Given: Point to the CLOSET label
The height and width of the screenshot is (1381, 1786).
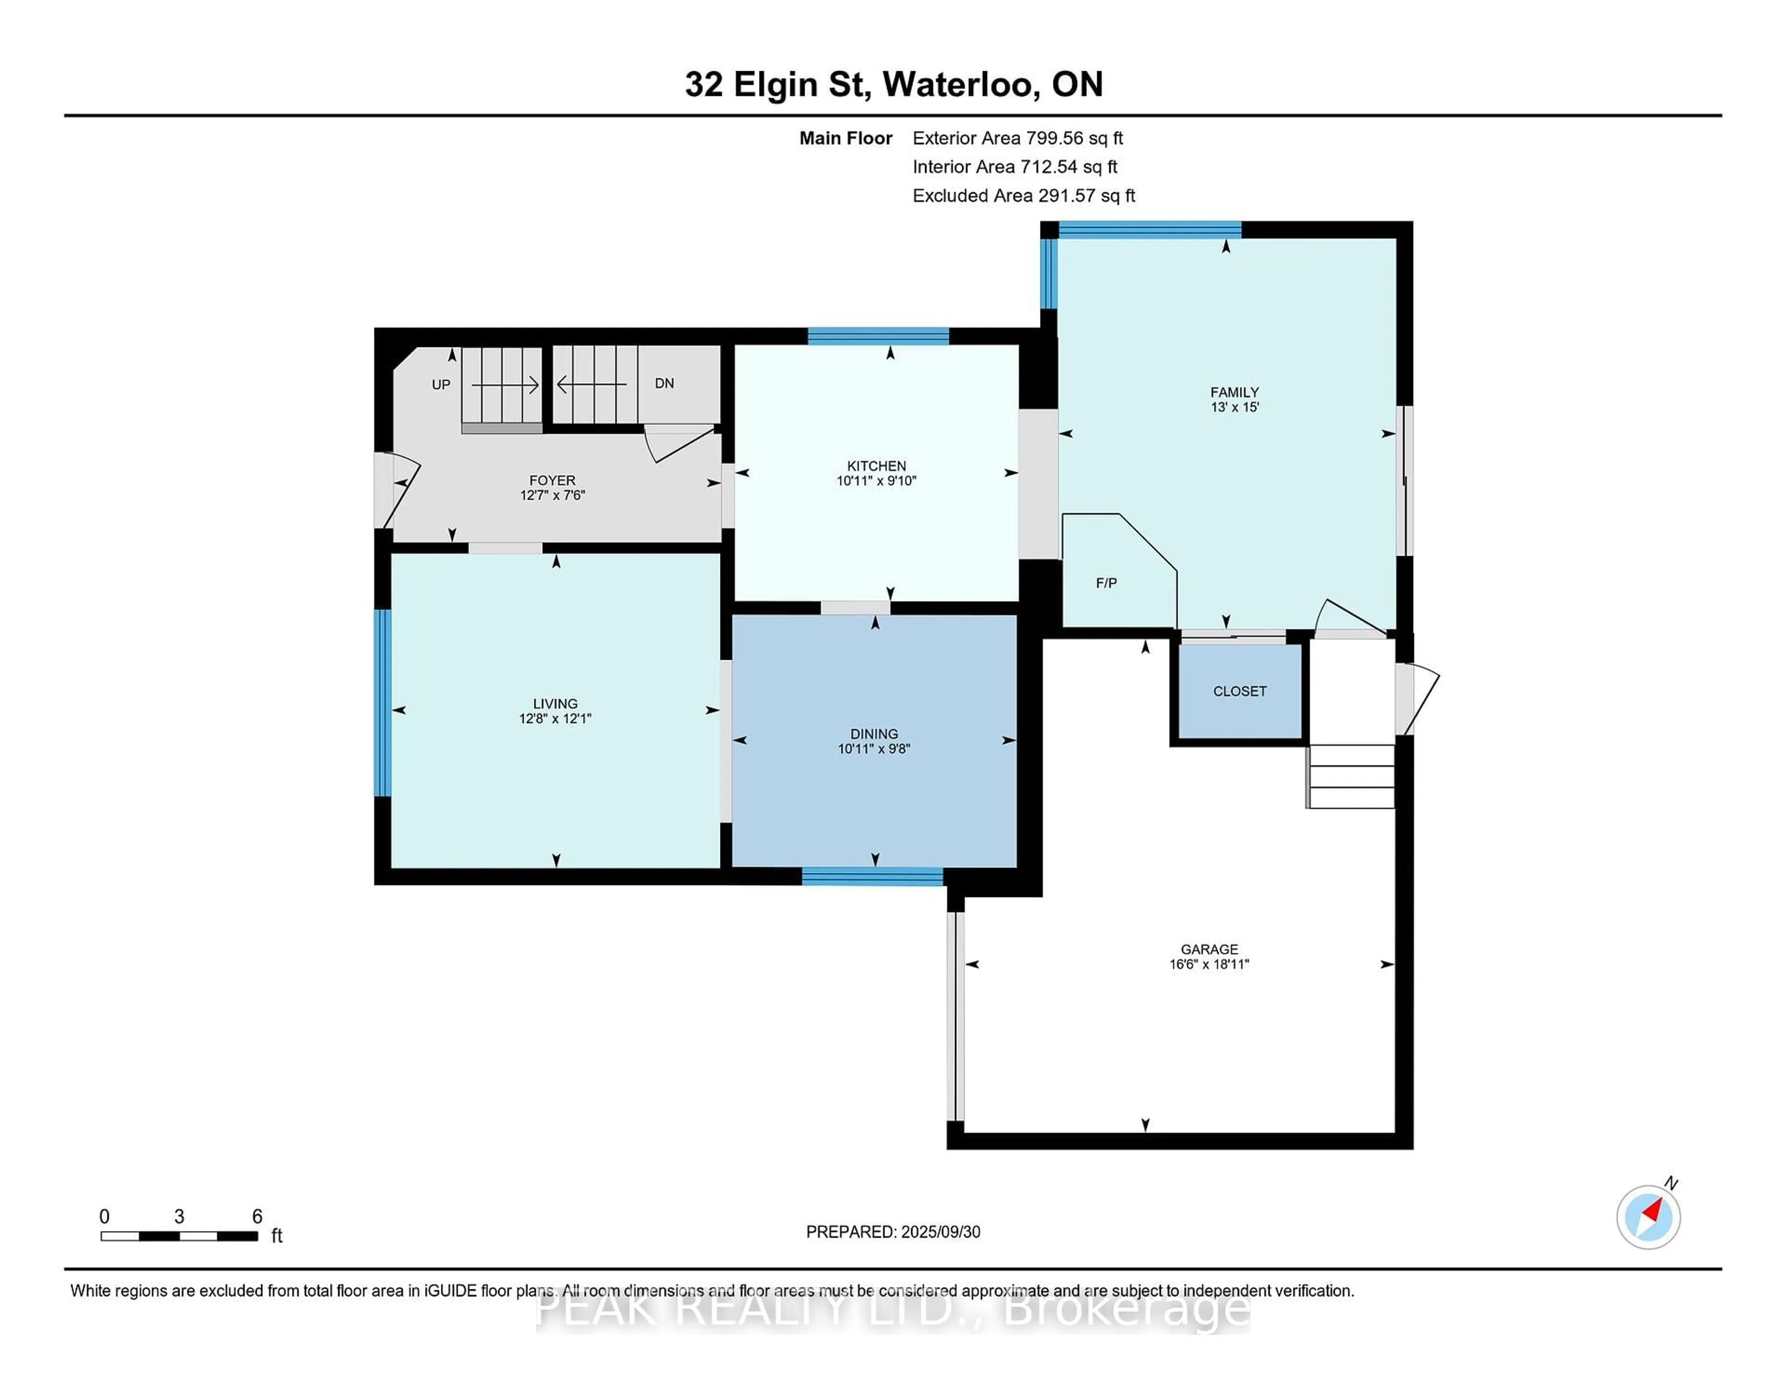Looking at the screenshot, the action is [1240, 691].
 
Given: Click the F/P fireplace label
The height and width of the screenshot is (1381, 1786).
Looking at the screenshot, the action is [1106, 583].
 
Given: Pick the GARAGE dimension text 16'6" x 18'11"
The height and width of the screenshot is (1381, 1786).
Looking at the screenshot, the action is [1209, 965].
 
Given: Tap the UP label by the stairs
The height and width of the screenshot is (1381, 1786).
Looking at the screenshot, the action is [441, 384].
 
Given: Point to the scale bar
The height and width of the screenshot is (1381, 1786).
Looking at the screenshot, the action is [179, 1236].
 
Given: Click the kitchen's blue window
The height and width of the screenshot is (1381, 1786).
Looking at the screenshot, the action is [878, 335].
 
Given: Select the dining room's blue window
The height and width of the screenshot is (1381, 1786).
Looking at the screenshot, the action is [873, 876].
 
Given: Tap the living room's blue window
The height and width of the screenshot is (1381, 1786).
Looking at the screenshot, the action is [383, 703].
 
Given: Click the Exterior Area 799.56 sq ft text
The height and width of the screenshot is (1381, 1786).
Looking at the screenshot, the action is [1018, 138].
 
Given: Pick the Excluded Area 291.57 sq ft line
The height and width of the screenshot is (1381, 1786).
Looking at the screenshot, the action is [1024, 195].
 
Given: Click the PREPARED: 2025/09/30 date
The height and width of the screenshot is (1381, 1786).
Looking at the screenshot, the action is [893, 1232].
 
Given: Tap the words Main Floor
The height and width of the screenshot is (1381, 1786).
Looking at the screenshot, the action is [846, 138].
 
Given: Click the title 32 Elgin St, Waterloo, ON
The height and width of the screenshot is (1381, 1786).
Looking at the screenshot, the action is [894, 84].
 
